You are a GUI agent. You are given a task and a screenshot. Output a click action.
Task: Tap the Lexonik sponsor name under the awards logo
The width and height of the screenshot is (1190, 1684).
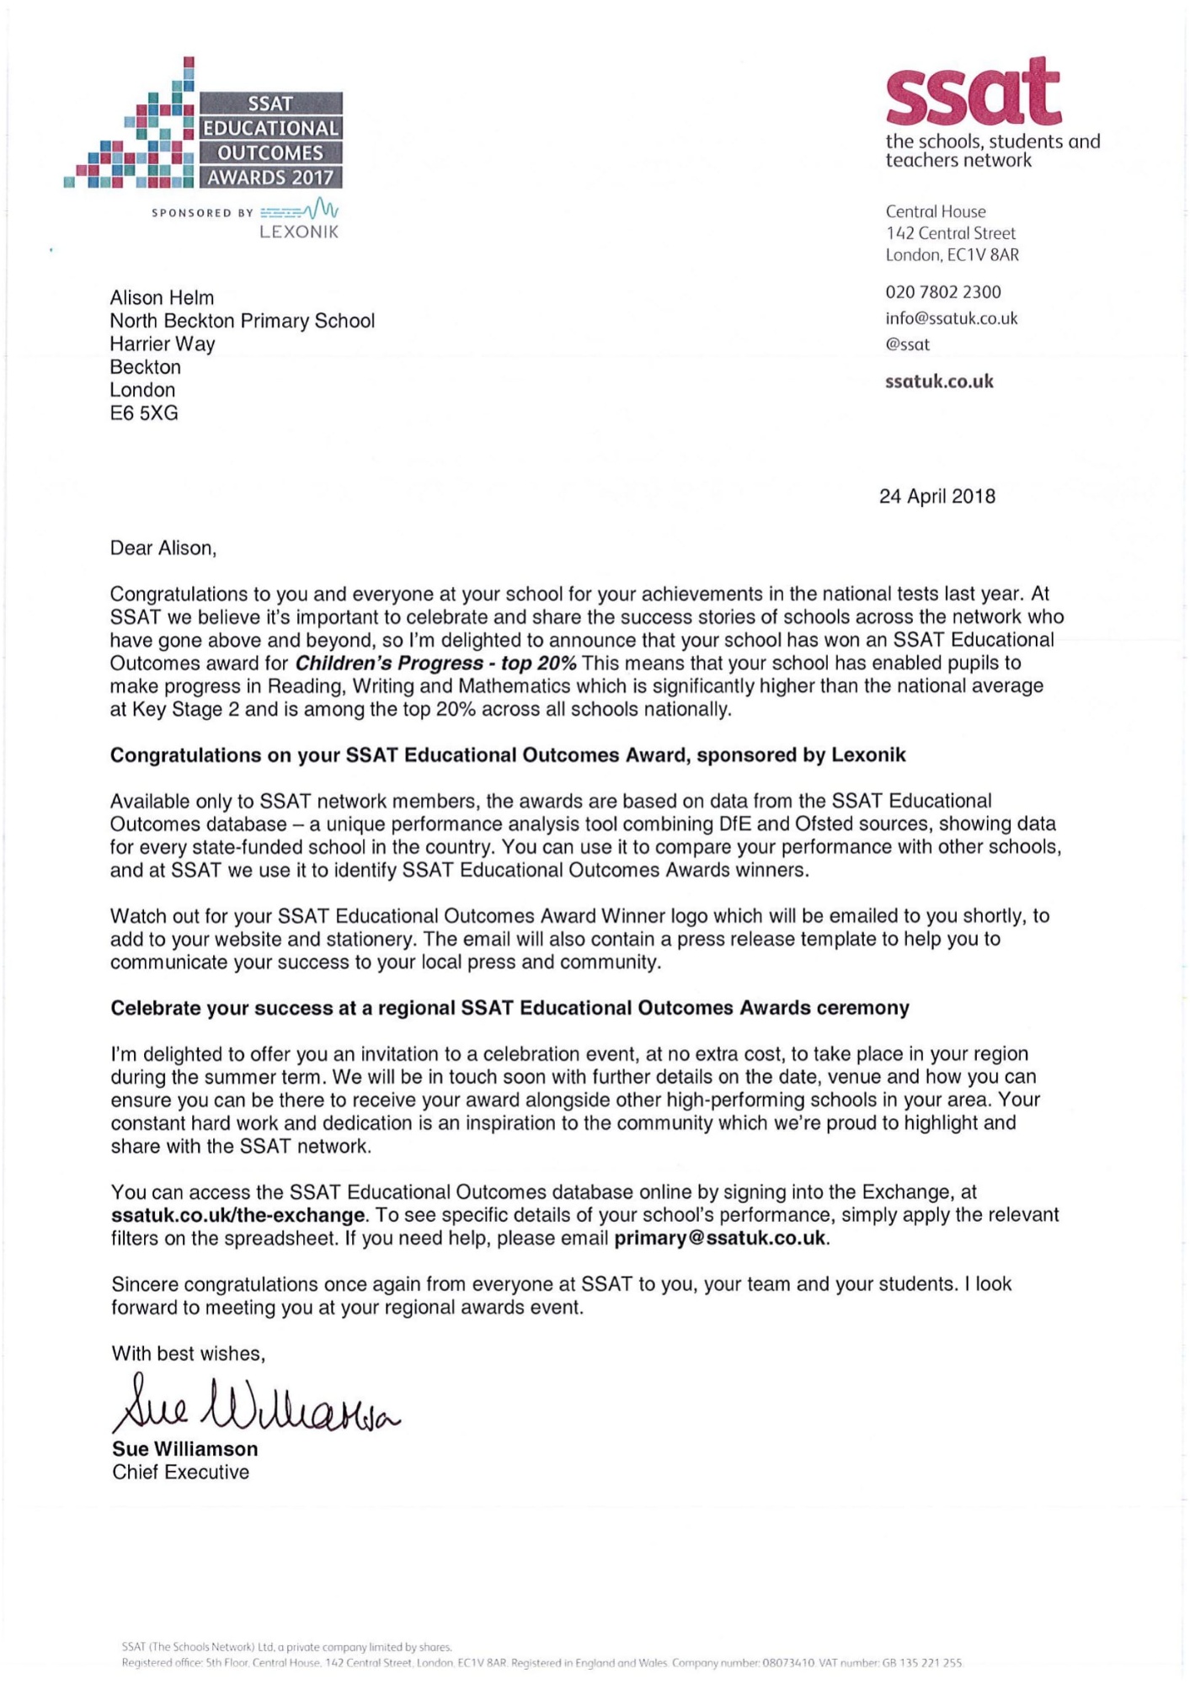(x=299, y=232)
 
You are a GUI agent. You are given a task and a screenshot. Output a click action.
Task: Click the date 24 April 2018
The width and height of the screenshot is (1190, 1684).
(x=937, y=496)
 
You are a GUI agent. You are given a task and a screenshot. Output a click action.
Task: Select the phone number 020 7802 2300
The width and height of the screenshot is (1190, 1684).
(x=942, y=292)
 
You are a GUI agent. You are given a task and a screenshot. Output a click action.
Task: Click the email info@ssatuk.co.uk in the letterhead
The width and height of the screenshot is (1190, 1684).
(x=951, y=318)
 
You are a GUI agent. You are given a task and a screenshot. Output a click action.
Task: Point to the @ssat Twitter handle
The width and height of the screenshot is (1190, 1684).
(x=907, y=344)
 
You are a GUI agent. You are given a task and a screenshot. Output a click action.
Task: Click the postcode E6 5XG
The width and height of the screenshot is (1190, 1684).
(x=144, y=413)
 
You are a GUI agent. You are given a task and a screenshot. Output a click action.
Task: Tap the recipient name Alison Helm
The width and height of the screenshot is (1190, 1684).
(x=162, y=298)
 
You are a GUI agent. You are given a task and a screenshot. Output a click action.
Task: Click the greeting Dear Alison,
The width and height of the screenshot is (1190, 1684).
(x=163, y=548)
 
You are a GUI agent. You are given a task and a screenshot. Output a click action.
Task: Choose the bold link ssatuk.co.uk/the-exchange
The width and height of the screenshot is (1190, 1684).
(x=238, y=1215)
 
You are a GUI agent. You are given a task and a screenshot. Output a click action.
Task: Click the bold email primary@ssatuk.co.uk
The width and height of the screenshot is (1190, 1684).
(x=721, y=1239)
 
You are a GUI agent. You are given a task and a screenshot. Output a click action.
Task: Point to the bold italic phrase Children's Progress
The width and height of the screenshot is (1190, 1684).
(x=389, y=663)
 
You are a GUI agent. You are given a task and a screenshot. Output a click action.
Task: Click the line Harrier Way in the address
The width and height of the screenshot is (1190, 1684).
(x=163, y=344)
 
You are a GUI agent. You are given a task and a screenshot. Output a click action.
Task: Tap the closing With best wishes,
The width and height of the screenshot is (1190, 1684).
(x=188, y=1353)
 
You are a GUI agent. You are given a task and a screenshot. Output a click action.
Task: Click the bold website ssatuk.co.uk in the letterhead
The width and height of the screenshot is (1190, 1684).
(x=939, y=381)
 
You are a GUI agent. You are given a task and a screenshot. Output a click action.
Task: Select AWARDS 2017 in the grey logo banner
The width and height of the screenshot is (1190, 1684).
(x=270, y=178)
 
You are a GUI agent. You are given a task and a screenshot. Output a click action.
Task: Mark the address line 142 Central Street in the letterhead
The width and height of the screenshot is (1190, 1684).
(x=950, y=233)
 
